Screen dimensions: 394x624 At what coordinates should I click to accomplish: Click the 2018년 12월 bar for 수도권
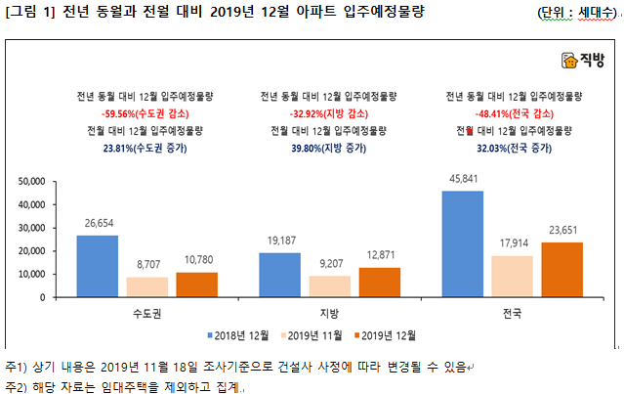tap(98, 266)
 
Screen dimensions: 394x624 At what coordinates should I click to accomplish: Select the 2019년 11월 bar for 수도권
tap(146, 286)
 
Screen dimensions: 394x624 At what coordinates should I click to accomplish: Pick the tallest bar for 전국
tap(463, 244)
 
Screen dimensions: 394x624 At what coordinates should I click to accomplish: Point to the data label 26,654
tap(98, 223)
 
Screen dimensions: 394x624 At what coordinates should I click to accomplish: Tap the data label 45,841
tap(463, 179)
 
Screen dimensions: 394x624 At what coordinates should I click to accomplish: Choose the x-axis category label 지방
tap(329, 314)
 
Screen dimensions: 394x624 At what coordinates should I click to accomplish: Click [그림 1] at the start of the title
tap(30, 12)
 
